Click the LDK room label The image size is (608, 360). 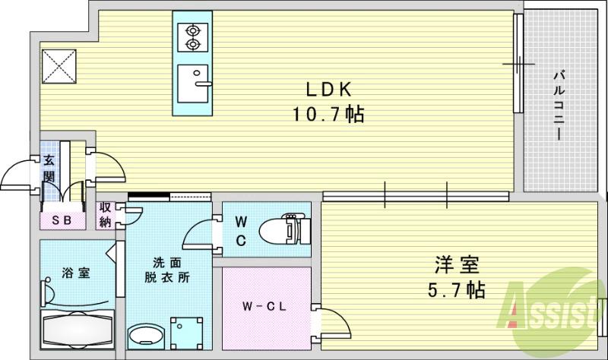point(328,90)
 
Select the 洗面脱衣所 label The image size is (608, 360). point(168,270)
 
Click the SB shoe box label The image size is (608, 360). point(62,221)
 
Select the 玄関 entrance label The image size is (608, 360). point(49,169)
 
